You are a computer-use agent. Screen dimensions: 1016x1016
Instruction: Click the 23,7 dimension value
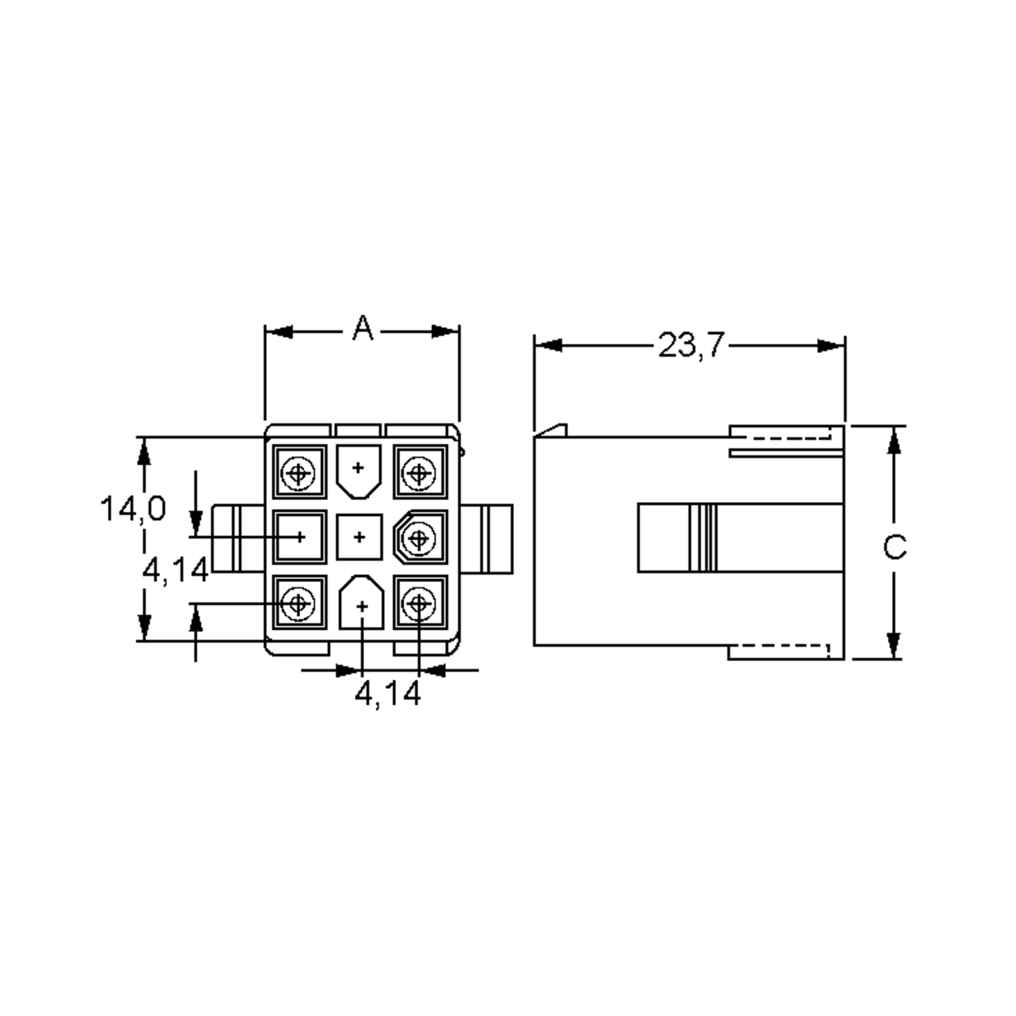(691, 345)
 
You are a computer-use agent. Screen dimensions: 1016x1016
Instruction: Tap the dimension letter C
(895, 547)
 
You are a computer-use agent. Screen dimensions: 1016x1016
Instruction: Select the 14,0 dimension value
(133, 508)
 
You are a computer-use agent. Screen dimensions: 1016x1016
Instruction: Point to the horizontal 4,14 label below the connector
(388, 694)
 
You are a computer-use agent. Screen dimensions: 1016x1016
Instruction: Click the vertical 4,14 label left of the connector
(176, 570)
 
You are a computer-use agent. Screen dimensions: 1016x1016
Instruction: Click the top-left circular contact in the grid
(298, 473)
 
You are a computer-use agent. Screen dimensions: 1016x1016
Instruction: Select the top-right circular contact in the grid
(419, 473)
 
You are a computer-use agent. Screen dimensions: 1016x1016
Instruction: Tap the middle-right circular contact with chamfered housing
(419, 538)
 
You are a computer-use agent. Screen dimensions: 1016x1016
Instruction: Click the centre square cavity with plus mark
(359, 537)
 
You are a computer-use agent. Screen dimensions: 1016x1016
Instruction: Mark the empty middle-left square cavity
(300, 537)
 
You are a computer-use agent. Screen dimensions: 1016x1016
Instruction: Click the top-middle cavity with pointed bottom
(359, 469)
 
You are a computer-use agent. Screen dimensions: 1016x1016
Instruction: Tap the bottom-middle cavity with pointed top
(361, 604)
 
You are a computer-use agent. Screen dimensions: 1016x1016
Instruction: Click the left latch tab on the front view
(237, 538)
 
